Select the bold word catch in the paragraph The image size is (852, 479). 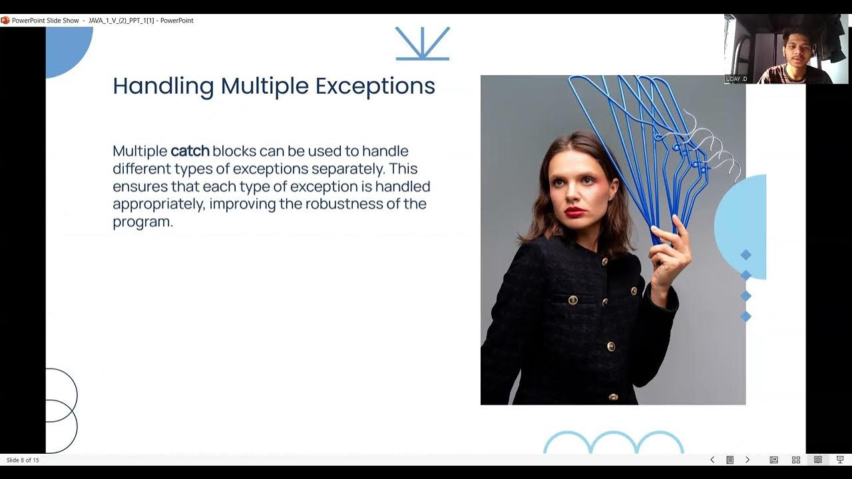tap(190, 151)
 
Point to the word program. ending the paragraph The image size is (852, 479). tap(142, 222)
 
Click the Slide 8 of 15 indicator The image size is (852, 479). tap(23, 460)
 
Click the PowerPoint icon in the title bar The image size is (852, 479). tap(5, 21)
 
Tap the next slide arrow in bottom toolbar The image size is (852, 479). tap(747, 460)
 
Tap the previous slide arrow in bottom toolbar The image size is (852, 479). tap(712, 460)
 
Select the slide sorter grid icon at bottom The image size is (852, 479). tap(795, 460)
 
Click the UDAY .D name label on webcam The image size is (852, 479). tap(736, 79)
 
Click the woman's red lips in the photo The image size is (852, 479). tap(574, 212)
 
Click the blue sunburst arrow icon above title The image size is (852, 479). tap(423, 44)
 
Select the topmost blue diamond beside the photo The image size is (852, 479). tap(745, 255)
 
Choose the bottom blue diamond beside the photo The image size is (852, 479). tap(745, 317)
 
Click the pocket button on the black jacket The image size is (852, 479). tap(572, 300)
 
